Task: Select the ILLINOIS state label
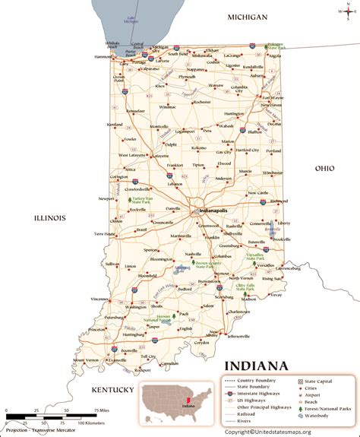coord(49,217)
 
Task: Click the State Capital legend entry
coord(324,379)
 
